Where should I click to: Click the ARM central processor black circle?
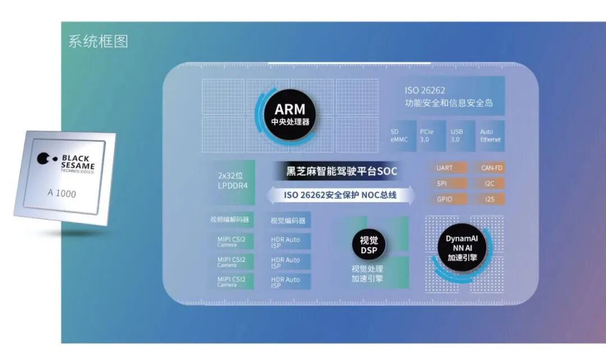click(x=290, y=114)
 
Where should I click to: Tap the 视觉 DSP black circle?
click(x=369, y=244)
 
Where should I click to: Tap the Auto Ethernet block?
click(x=490, y=136)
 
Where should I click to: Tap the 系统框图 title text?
click(x=98, y=41)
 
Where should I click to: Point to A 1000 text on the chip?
click(x=62, y=194)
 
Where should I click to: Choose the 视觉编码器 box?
click(x=288, y=220)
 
